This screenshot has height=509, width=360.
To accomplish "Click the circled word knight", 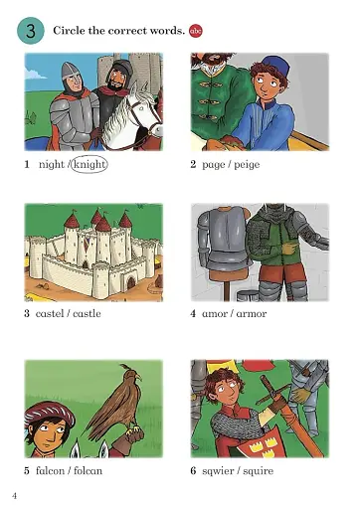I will pyautogui.click(x=87, y=164).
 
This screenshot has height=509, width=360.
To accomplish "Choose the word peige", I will pyautogui.click(x=246, y=164).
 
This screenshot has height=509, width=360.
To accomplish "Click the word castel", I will pyautogui.click(x=50, y=314).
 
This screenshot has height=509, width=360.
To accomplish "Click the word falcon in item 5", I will pyautogui.click(x=50, y=470).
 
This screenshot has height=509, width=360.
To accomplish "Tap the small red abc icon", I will pyautogui.click(x=194, y=31).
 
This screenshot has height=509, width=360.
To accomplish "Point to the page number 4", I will pyautogui.click(x=14, y=495).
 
